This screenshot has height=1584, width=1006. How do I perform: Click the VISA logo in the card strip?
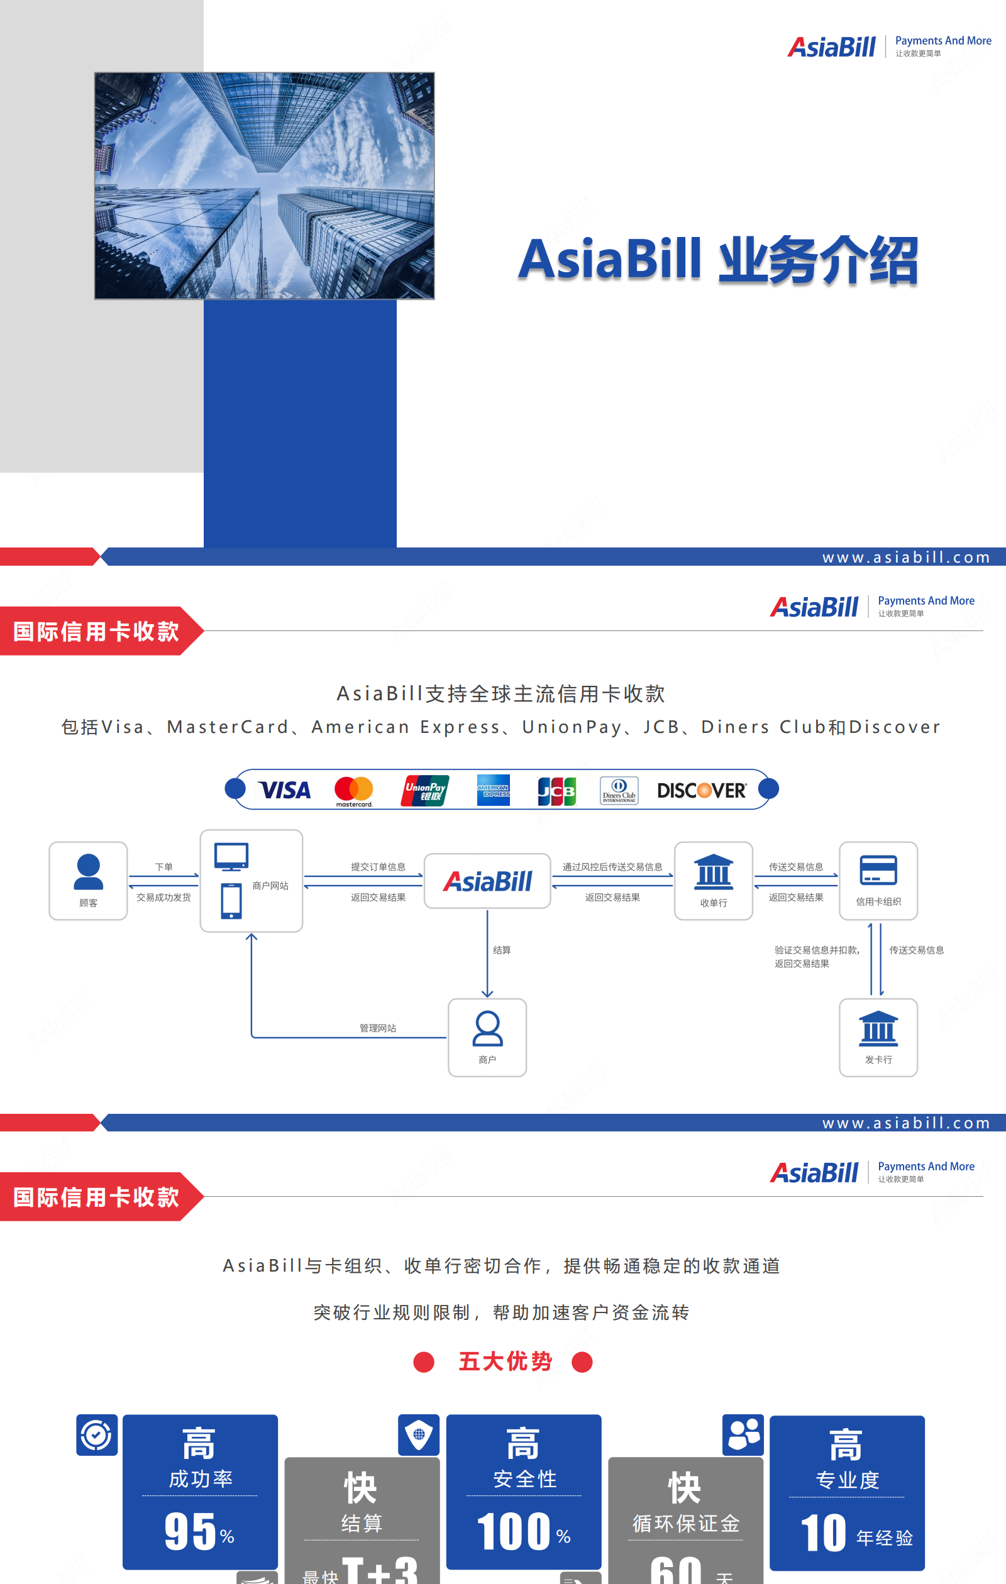tap(284, 790)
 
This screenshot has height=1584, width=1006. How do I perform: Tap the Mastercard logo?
tap(354, 789)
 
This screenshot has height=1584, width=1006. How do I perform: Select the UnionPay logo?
tap(425, 790)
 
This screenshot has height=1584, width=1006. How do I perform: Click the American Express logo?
tap(493, 790)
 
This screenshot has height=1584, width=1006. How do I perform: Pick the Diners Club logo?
tap(619, 790)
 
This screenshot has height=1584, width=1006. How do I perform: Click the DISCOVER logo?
tap(702, 790)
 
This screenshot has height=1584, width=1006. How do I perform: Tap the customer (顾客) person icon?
tap(88, 872)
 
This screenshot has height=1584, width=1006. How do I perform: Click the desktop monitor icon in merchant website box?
tap(231, 856)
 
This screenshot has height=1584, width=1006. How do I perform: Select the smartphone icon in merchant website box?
tap(231, 901)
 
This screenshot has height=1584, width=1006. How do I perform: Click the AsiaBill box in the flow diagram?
tap(487, 881)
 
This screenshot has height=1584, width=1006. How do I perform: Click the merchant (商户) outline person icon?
tap(487, 1029)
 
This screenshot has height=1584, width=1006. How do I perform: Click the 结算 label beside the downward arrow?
tap(501, 950)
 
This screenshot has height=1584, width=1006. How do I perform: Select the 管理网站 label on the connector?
tap(378, 1028)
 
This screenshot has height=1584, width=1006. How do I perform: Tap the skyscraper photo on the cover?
tap(265, 186)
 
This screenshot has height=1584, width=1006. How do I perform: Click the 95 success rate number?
tap(190, 1531)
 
